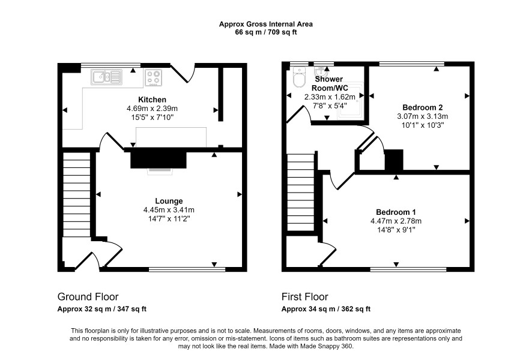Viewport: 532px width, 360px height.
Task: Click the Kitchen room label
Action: click(152, 100)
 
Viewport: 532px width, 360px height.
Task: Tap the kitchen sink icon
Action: click(106, 77)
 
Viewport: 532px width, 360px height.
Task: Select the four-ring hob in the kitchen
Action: click(153, 77)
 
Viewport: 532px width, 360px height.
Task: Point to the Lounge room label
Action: click(169, 201)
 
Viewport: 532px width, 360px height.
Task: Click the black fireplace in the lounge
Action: click(159, 160)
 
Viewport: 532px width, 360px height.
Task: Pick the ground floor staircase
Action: click(77, 194)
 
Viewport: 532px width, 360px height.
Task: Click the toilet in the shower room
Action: click(299, 77)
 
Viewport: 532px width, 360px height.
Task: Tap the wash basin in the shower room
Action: click(320, 72)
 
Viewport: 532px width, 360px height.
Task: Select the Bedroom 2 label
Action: click(422, 107)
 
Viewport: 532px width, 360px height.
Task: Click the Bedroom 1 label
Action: click(396, 212)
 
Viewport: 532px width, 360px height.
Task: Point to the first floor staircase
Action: click(301, 192)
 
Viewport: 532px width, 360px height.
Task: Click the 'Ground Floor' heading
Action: click(88, 296)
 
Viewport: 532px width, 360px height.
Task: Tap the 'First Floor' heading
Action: click(304, 296)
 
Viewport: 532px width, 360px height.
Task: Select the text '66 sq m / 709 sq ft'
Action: click(265, 32)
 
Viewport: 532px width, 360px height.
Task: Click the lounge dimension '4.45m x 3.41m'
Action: click(169, 210)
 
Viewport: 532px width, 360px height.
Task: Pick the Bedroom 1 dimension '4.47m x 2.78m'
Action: click(396, 221)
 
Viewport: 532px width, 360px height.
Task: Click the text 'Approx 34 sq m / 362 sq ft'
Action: click(325, 309)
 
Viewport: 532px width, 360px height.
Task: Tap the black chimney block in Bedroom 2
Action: click(394, 160)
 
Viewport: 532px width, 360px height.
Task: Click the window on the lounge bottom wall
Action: click(187, 269)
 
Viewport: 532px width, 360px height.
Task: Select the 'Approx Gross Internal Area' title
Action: click(265, 24)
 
